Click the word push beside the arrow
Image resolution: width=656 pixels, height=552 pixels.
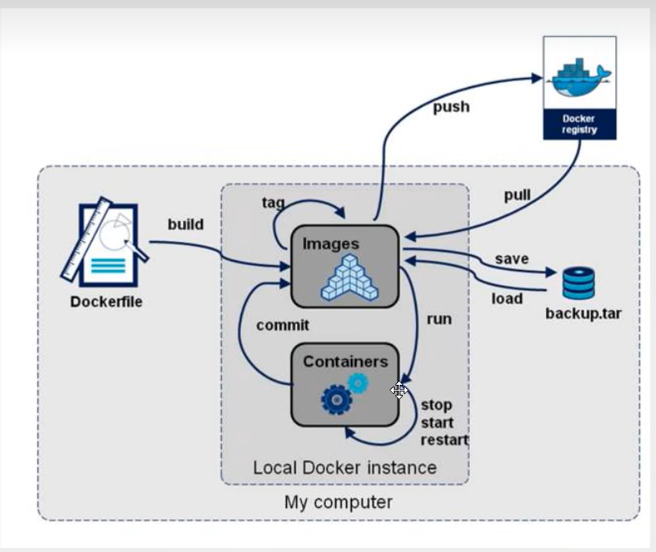[451, 106]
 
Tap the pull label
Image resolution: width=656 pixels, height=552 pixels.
[517, 196]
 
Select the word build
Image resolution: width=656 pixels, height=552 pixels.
[185, 224]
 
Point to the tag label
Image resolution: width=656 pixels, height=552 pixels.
[273, 203]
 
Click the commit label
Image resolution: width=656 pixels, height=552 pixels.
[282, 325]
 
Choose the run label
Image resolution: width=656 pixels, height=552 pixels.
[439, 319]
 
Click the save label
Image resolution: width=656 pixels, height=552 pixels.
[511, 259]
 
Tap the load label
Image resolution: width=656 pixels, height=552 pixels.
[507, 298]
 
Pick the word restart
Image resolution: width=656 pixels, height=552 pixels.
[444, 439]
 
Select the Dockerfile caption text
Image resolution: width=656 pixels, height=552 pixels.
[106, 302]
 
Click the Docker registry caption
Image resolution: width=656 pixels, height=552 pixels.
[579, 124]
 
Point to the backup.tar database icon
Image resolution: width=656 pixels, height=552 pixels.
[578, 283]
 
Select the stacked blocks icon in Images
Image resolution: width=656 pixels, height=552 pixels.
[347, 276]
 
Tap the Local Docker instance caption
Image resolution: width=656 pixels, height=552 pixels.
[344, 468]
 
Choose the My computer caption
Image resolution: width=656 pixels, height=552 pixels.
[338, 502]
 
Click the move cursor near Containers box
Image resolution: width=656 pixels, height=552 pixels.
[399, 390]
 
